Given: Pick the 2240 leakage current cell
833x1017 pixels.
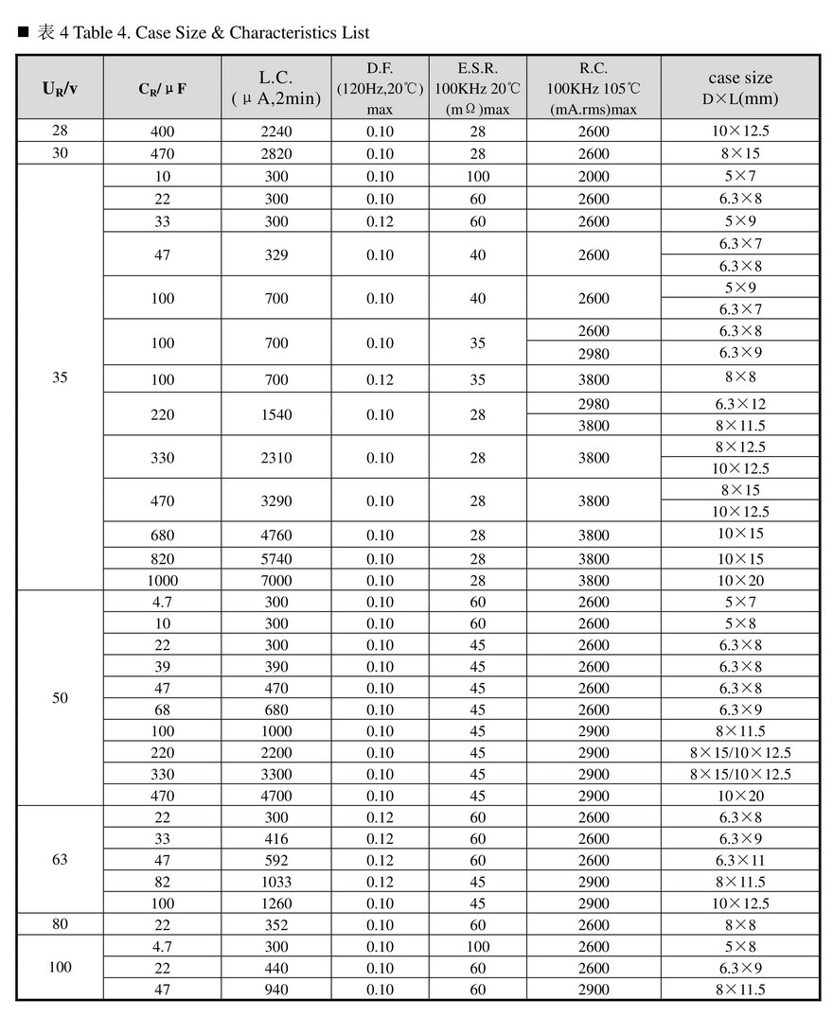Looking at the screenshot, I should [276, 132].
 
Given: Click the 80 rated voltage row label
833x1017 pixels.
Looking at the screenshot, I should [60, 924].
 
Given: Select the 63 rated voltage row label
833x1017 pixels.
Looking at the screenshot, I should [60, 860].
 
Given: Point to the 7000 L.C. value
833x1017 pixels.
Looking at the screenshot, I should [276, 580].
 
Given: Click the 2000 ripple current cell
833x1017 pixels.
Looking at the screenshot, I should [594, 176].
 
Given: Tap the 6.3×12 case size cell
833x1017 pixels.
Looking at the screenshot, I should [740, 404].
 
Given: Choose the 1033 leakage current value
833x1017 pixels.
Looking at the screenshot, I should [276, 882].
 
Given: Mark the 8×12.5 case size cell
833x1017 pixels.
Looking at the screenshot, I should [740, 447].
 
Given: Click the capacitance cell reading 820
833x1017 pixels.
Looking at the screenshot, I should [162, 558].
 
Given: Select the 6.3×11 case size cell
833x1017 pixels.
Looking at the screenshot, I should [740, 860].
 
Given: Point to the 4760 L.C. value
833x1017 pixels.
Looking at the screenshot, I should [276, 535].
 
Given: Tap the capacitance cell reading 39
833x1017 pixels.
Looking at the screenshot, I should [162, 666].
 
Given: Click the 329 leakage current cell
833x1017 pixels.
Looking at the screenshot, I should [276, 254].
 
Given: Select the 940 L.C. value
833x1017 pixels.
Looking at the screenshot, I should [276, 990].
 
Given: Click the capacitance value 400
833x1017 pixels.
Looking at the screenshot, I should [162, 132].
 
